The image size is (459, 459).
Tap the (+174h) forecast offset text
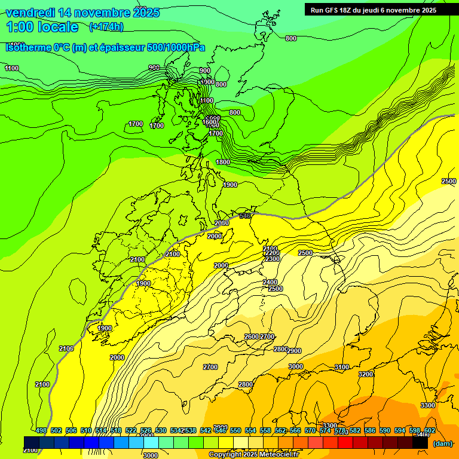point(106,26)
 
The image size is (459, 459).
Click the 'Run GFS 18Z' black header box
point(373,10)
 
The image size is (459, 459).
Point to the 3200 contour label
point(366,374)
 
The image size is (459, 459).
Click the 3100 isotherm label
point(341,367)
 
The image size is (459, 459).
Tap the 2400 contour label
point(270,282)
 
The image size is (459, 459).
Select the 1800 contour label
point(223,162)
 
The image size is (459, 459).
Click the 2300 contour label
point(272,259)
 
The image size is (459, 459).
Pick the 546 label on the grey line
point(244,216)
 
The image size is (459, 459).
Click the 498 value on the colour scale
point(41,430)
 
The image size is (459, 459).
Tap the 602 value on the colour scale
point(430,430)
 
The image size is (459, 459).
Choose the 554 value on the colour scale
point(250,430)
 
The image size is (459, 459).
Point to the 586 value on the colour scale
point(370,430)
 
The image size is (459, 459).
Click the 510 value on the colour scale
point(86,430)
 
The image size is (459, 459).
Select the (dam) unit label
point(442,443)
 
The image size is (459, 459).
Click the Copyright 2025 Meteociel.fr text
point(253,455)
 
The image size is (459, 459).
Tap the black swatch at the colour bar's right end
point(421,442)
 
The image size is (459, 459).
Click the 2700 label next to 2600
point(267,336)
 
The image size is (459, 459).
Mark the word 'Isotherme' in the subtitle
point(27,47)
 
